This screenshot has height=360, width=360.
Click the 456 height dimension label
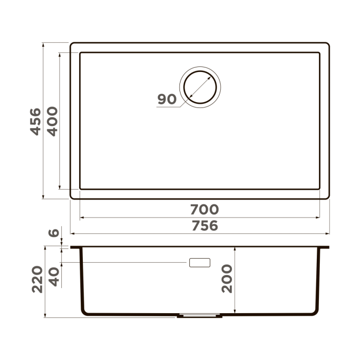point(34,121)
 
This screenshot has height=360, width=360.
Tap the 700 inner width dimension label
point(204,210)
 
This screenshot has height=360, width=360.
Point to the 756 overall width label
point(204,226)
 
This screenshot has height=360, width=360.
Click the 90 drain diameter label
point(167,99)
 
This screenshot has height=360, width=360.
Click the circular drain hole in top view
point(200,86)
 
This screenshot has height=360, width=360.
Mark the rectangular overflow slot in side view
point(200,262)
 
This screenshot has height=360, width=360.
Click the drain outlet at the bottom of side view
point(200,315)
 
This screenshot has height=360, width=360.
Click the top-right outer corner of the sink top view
point(328,44)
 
